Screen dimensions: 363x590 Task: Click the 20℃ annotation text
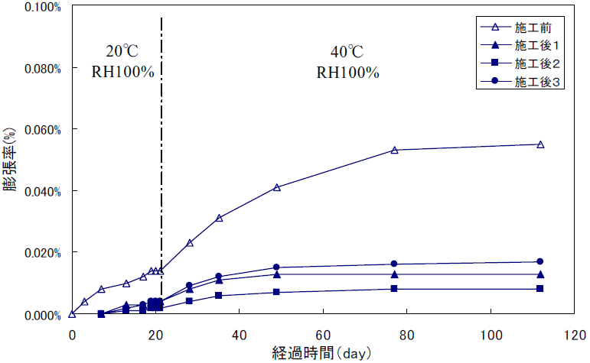(122, 53)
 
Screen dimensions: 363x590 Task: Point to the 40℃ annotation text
(347, 53)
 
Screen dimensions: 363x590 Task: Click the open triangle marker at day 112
(540, 144)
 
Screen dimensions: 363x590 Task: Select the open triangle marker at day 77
(394, 151)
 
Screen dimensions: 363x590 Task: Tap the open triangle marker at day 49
(277, 187)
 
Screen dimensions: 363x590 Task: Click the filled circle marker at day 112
(540, 261)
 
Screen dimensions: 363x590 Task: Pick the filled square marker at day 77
(394, 288)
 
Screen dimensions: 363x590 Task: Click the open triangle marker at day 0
(72, 313)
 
